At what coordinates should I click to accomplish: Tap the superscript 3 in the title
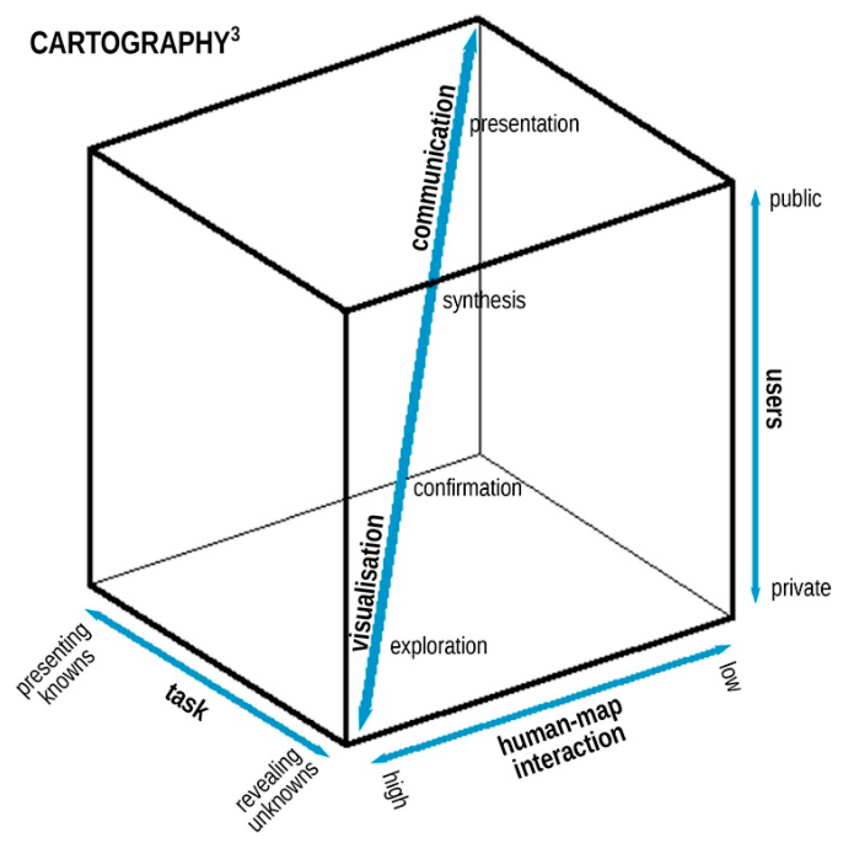(x=234, y=35)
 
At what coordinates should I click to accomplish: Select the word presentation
(x=524, y=124)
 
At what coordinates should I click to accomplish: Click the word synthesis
(x=484, y=301)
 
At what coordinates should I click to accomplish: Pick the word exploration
(x=438, y=646)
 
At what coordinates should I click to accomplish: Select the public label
(x=795, y=199)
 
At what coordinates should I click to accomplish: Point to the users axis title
(x=774, y=398)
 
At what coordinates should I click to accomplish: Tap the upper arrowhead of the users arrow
(x=755, y=196)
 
